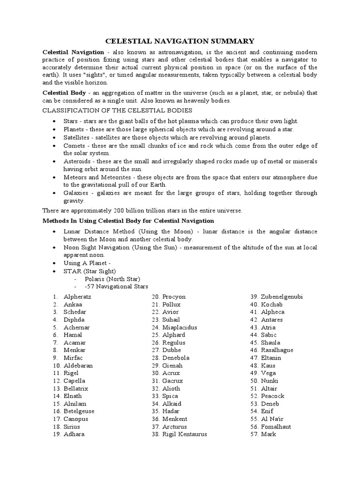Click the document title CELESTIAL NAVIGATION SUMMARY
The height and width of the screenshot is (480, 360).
coord(180,41)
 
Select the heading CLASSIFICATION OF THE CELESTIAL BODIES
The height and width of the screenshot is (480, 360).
coord(117,110)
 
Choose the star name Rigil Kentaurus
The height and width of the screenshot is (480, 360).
coord(184,434)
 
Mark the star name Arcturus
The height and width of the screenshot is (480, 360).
coord(174,427)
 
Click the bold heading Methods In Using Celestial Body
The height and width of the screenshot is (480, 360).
coord(128,220)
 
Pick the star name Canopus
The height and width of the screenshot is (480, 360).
coord(76,419)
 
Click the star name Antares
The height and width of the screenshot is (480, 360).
coord(272,320)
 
